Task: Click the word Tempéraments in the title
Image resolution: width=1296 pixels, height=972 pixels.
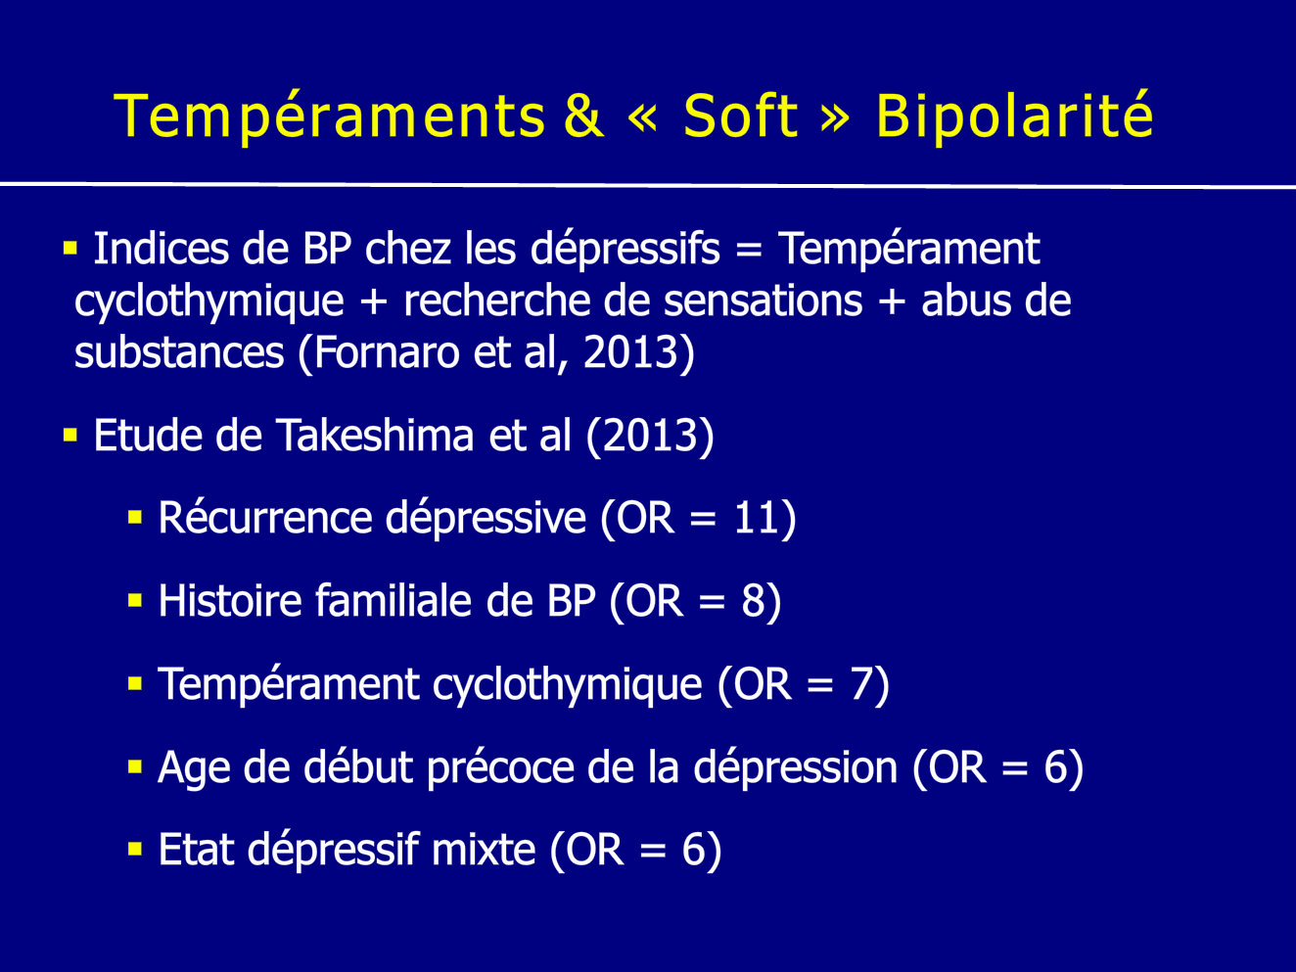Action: coord(329,116)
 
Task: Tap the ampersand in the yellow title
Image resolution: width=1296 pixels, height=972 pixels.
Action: coord(583,116)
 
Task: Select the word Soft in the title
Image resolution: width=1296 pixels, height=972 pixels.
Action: coord(740,116)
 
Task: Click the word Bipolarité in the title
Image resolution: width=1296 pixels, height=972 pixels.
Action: coord(1014,116)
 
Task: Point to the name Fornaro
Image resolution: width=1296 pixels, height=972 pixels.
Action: coord(386,353)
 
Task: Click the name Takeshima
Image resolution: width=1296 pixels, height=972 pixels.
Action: coord(375,436)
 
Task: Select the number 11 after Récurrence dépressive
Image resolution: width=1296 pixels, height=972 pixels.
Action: coord(757,519)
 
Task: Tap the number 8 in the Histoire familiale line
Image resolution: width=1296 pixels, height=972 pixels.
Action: coord(754,601)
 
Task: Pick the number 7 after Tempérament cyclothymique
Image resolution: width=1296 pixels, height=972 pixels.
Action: coord(861,684)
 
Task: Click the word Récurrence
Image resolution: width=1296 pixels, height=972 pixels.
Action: coord(265,518)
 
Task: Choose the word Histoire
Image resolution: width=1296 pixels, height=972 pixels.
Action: coord(230,601)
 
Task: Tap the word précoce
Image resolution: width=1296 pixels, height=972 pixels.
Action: coord(500,768)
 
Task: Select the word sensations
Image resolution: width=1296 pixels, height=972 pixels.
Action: coord(763,301)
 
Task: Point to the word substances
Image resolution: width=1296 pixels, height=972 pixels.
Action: coord(179,353)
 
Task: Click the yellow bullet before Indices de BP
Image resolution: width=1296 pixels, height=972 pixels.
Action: coord(70,248)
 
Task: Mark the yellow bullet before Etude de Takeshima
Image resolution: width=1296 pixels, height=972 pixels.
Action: coord(70,436)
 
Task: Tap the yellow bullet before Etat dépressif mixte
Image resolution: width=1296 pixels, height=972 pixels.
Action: coord(135,850)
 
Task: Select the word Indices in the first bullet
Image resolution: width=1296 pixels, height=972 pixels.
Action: coord(162,249)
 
